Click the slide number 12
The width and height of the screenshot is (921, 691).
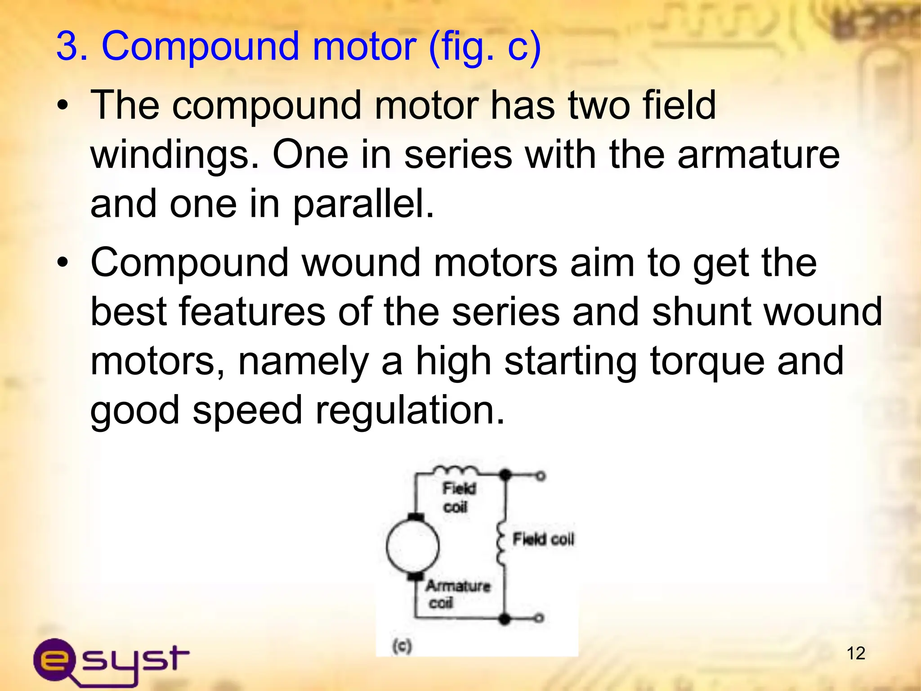tap(856, 653)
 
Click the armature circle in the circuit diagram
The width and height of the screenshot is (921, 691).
tap(412, 546)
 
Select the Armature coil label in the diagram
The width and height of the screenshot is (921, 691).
tap(457, 594)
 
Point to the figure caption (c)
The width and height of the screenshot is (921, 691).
tap(402, 646)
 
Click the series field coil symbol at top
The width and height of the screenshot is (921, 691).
tap(456, 471)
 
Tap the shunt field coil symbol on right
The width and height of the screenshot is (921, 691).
tap(501, 543)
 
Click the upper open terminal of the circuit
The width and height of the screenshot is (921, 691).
tap(541, 476)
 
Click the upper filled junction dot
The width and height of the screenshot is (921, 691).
tap(505, 475)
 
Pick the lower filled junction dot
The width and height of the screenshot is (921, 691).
tap(505, 619)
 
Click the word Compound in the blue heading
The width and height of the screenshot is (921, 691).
tap(201, 46)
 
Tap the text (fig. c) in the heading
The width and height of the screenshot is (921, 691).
tap(485, 47)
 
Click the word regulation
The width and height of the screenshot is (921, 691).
tap(410, 410)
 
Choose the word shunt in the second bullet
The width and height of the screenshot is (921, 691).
tap(702, 312)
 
